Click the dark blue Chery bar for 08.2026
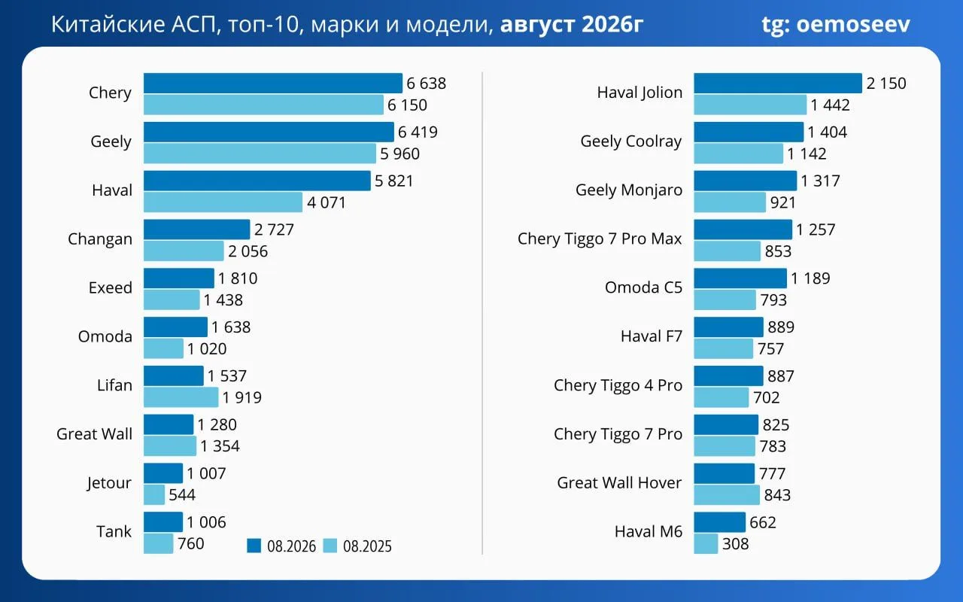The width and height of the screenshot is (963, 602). point(273,83)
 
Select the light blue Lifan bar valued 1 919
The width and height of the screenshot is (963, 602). point(181,397)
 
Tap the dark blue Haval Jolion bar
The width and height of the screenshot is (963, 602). point(778,83)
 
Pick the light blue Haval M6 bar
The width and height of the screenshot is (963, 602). point(706,543)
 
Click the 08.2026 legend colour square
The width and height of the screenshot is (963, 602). point(254,546)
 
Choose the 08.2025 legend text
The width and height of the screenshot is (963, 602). point(367,546)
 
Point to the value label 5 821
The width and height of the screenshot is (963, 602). point(393,181)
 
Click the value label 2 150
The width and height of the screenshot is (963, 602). point(886,84)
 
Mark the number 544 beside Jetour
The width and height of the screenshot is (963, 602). point(182,495)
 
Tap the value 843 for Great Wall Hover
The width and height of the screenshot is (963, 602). point(777,495)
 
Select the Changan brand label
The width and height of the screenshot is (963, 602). point(100,239)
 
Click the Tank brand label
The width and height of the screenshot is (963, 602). point(114,531)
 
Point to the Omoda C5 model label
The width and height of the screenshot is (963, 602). point(643,287)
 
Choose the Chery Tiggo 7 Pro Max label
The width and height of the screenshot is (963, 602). point(600,239)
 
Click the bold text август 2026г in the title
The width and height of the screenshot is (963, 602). point(571,24)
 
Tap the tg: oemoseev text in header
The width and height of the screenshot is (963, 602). point(836,25)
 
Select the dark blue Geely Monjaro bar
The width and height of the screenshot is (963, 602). point(745,181)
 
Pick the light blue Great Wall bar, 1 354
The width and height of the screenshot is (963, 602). point(170,446)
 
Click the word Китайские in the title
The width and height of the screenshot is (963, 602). point(108,24)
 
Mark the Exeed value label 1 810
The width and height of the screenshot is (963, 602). point(238,278)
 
